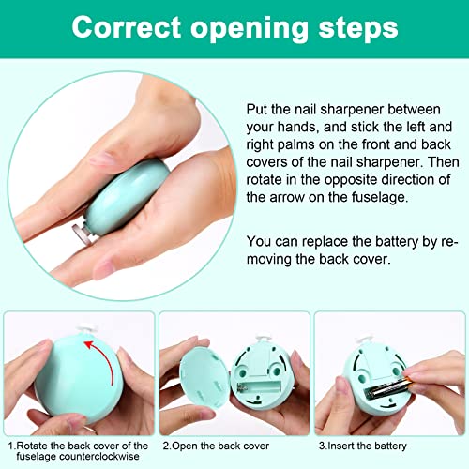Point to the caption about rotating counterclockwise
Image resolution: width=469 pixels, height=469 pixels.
click(x=77, y=451)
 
